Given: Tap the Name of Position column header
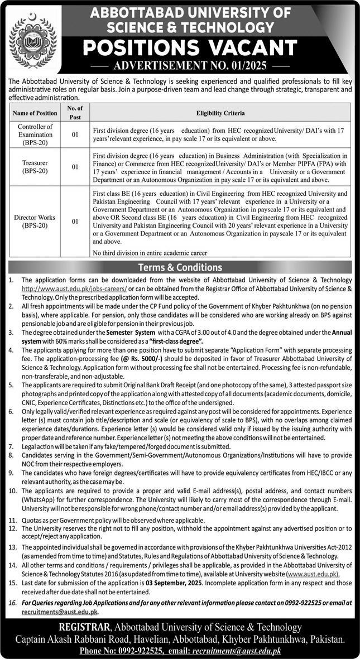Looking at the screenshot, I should [35, 113].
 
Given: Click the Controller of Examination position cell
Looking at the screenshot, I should [35, 134].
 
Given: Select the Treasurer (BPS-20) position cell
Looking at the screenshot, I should [35, 166].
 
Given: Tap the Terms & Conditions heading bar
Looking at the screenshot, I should [180, 267].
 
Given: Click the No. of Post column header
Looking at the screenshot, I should [75, 112].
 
